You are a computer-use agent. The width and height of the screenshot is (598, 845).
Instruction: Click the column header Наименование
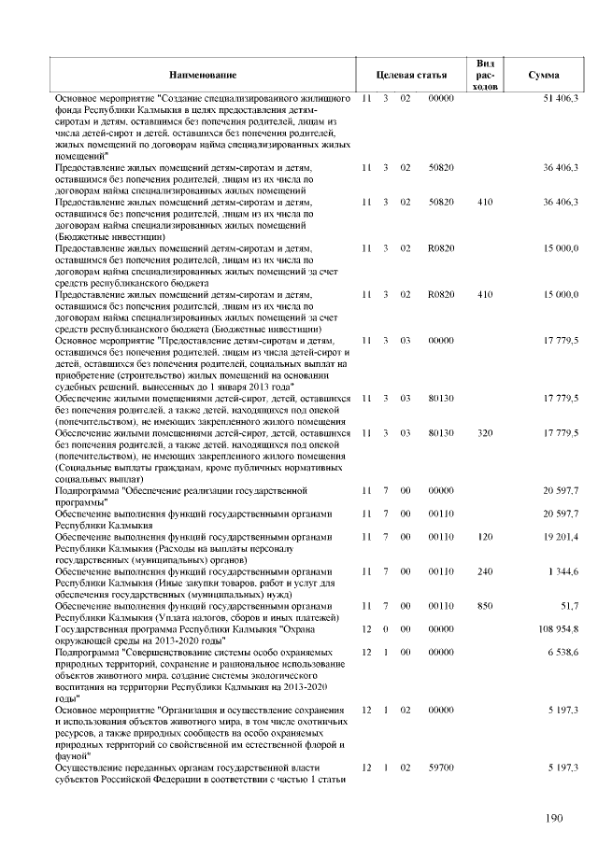click(203, 74)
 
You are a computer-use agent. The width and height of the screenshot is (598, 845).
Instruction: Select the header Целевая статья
click(403, 74)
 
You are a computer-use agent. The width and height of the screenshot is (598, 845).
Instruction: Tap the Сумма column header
click(544, 74)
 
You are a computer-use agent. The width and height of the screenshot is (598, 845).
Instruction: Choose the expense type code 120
click(484, 539)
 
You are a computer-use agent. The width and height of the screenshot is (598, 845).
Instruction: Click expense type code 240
click(484, 572)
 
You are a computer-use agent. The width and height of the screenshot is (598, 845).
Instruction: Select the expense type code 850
click(484, 606)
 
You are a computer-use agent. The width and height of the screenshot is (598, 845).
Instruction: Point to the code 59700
click(440, 767)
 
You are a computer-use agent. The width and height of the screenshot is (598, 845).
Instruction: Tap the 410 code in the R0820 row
click(484, 294)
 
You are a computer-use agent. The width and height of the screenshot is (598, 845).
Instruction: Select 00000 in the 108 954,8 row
click(440, 628)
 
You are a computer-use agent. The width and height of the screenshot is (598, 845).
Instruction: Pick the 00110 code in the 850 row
click(440, 606)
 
